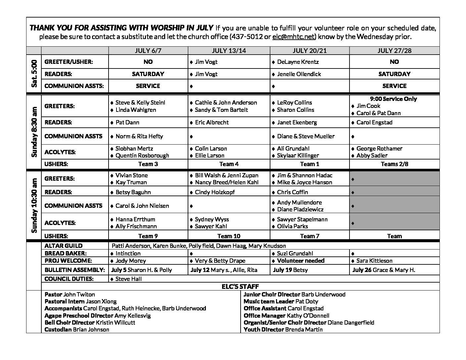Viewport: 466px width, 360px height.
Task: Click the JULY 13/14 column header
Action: tap(229, 51)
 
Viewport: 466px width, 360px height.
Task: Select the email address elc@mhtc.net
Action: tap(293, 37)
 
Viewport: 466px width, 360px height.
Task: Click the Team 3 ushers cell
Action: tap(148, 164)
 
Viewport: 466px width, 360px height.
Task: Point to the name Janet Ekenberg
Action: tap(297, 122)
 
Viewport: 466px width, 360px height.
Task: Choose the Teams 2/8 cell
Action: tap(394, 164)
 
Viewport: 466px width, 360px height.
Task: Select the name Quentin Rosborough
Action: tap(142, 156)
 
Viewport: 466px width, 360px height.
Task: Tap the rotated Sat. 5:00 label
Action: tap(34, 74)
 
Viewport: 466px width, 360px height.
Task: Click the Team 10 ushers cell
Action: tap(229, 236)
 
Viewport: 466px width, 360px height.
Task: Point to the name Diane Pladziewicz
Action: tap(300, 209)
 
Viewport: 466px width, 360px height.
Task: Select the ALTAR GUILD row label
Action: tap(64, 246)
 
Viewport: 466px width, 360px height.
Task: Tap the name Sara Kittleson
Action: tap(374, 261)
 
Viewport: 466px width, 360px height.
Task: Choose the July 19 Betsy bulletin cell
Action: tap(290, 270)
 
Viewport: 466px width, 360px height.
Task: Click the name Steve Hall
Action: tap(128, 279)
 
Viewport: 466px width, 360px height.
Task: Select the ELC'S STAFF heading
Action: tap(240, 287)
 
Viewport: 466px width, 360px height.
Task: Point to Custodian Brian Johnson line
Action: tap(77, 330)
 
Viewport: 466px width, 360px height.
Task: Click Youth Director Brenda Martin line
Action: tap(283, 330)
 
